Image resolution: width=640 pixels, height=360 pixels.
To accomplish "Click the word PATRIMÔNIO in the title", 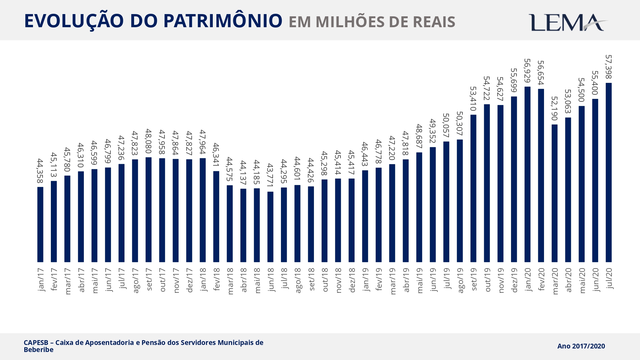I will (223, 21).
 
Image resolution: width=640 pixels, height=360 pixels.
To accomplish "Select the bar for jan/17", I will (40, 224).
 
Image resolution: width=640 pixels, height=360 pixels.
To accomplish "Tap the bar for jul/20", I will (609, 173).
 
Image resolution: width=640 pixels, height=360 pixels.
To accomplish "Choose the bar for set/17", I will (148, 210).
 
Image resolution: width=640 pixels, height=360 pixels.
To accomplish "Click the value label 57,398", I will (609, 67).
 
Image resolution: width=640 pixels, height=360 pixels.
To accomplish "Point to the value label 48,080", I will (148, 141).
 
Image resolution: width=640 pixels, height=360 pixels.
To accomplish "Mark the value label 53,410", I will (473, 99).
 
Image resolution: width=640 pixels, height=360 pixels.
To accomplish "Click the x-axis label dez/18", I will (352, 280).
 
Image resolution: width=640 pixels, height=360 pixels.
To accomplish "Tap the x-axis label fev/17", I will (54, 279).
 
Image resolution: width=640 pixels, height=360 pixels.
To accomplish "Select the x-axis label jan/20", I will (527, 279).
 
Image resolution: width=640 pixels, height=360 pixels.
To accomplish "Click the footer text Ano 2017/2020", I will (581, 346).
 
